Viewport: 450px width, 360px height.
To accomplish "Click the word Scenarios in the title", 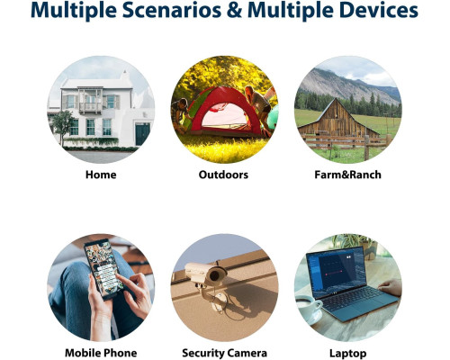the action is coord(172,10).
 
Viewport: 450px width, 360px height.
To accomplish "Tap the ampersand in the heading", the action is coord(234,10).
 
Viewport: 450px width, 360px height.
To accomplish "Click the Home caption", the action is coord(101,175).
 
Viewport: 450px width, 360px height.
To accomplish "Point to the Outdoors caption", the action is coord(223,175).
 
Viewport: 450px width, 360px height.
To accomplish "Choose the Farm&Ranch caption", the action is coord(347,175).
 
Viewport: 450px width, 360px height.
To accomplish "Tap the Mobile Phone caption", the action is coord(101,353).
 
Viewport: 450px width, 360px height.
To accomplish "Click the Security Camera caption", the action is coord(224,353).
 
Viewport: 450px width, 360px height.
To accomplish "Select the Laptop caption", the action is coord(347,354).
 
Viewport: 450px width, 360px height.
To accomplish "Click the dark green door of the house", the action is coord(142,134).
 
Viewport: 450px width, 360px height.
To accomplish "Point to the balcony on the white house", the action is coord(90,106).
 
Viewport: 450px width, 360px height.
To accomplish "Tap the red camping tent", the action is coord(223,111).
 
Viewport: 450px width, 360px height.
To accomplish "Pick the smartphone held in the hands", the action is coord(103,269).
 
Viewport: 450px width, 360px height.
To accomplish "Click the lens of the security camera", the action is coord(215,275).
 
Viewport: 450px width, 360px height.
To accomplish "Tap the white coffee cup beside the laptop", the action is coord(309,308).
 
